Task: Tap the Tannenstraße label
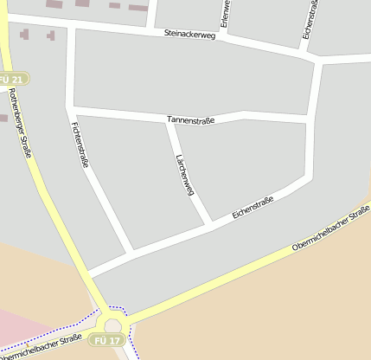coord(190,119)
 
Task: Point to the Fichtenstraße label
coord(77,144)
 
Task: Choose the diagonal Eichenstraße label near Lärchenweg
coord(253,208)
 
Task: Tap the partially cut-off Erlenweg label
coord(224,14)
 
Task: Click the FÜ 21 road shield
coord(16,79)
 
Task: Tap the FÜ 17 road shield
coord(106,341)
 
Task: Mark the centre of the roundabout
coord(112,326)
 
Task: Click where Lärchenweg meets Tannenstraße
coord(169,122)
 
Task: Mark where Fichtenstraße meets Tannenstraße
coord(71,111)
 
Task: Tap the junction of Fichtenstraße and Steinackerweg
coord(70,25)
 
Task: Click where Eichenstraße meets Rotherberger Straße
coord(90,273)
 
